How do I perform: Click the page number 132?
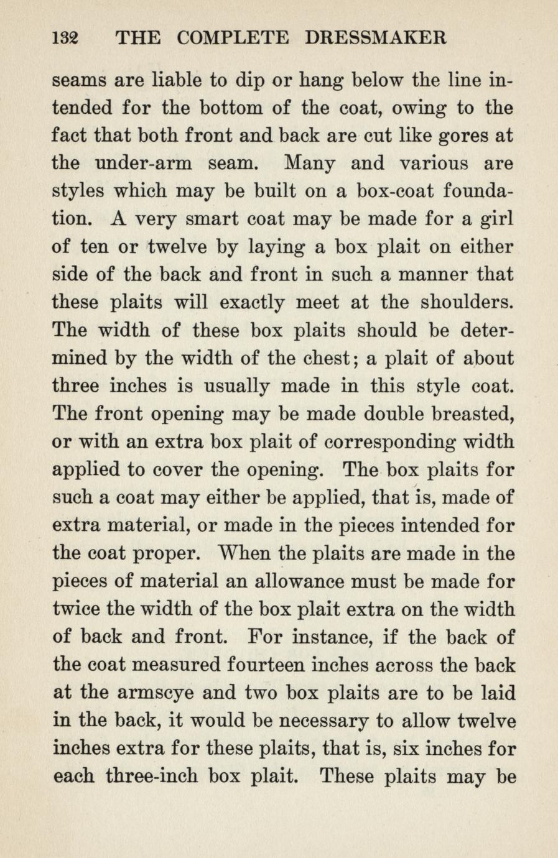[x=64, y=39]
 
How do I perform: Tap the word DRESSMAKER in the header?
[x=376, y=39]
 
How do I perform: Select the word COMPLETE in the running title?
[x=233, y=39]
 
